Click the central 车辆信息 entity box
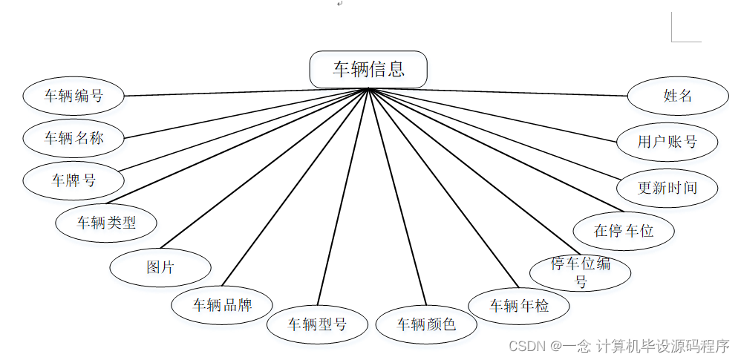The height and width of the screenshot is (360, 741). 368,69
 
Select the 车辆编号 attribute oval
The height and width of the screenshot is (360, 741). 74,96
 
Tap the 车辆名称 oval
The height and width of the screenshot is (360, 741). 74,138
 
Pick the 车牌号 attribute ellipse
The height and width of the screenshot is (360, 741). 74,180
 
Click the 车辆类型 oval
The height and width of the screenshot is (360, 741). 107,222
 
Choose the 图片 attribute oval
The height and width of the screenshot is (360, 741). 160,267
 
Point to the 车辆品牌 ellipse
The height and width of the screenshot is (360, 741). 222,305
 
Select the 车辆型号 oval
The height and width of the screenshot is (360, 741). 317,324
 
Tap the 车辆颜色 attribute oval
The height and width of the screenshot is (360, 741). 426,324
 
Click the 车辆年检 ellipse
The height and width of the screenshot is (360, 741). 519,305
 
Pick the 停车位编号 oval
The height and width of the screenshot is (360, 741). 581,272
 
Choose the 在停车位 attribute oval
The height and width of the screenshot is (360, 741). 624,230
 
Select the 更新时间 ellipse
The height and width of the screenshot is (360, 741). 667,187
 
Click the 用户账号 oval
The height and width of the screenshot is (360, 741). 667,141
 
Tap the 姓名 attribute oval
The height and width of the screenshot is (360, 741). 677,96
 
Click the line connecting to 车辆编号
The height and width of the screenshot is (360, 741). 245,92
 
